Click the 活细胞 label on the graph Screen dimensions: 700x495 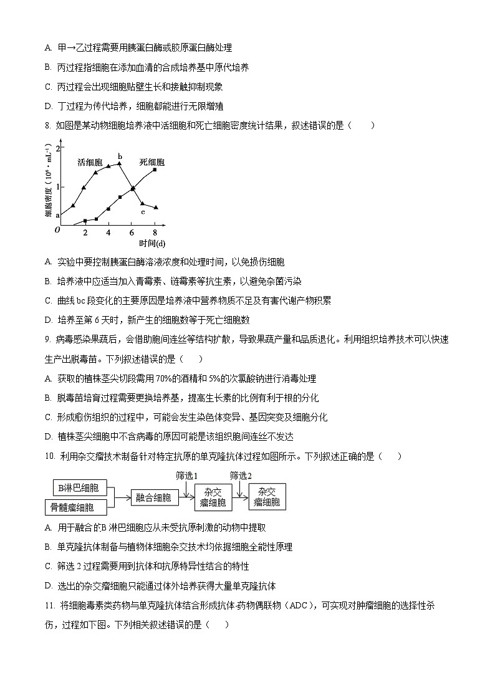(90, 162)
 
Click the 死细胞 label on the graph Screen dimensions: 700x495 (151, 162)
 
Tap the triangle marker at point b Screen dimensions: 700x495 (119, 163)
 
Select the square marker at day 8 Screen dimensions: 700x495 (155, 170)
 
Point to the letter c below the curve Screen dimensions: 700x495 (143, 212)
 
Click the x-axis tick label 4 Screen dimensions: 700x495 (108, 233)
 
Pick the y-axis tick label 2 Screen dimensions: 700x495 (59, 149)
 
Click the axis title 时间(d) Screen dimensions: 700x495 (152, 243)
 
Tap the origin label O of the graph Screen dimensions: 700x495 (57, 230)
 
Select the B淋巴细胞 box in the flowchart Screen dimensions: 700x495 (79, 487)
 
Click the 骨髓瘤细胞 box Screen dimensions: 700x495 (72, 507)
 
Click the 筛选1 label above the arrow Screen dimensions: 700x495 (187, 476)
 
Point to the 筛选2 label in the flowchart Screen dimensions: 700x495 (241, 476)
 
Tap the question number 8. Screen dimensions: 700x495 (47, 125)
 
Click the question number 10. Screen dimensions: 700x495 (50, 456)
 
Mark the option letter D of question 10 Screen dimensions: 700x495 (48, 586)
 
